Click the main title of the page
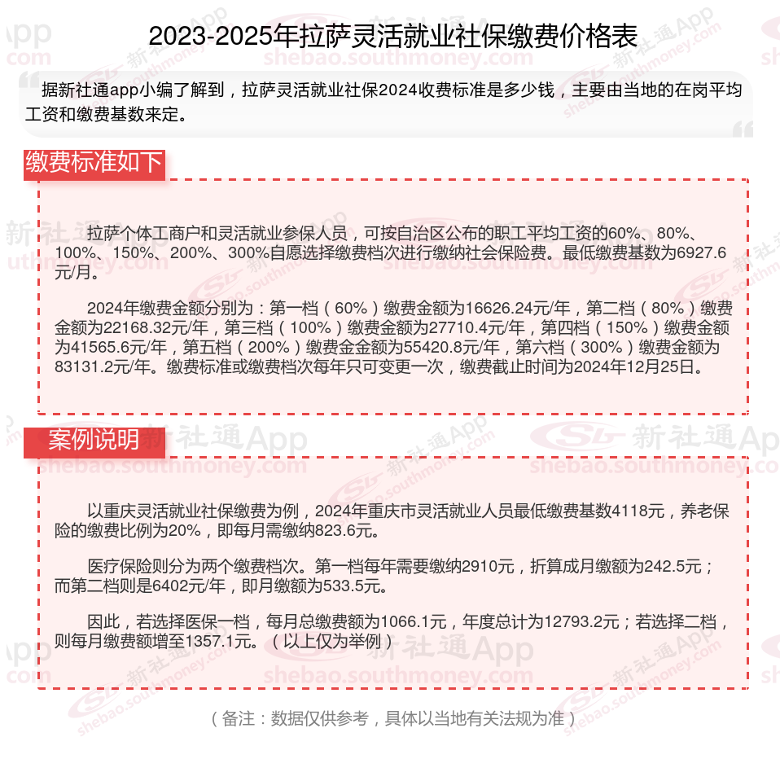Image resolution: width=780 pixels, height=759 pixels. point(392,37)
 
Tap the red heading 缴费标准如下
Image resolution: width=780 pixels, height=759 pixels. point(94,163)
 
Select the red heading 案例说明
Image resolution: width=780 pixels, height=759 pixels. point(94,440)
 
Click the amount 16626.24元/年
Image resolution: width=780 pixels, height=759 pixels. point(518,309)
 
